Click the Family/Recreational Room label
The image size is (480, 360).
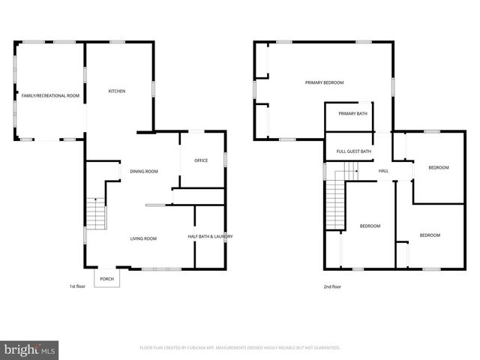pos(50,96)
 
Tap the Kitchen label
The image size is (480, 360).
pos(117,91)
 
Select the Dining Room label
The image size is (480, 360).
pos(144,172)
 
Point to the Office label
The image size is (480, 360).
pos(201,160)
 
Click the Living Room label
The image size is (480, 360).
pos(143,238)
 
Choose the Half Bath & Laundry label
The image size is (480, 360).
pos(210,237)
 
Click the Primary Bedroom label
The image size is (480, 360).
pos(324,82)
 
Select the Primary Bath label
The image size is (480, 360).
pos(352,114)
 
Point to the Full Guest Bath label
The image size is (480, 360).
pos(354,151)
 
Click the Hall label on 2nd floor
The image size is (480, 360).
pos(383,171)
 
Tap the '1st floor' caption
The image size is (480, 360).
pos(77,286)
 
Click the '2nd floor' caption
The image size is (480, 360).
pos(331,286)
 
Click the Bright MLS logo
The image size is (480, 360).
pos(30,349)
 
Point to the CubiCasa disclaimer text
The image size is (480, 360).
pos(240,348)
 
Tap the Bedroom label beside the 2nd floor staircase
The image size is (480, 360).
pos(370,226)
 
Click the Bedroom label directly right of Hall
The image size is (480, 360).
pos(439,168)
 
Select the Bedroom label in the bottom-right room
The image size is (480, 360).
pos(430,235)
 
